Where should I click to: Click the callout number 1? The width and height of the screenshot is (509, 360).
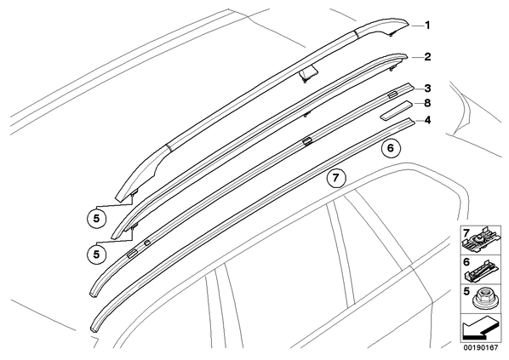tap(427, 25)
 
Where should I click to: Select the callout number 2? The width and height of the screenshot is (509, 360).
tap(427, 57)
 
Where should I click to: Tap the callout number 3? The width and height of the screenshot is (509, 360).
tap(427, 89)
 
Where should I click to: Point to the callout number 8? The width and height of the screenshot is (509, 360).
tap(427, 103)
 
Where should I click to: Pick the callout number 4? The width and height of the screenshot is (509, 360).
tap(427, 121)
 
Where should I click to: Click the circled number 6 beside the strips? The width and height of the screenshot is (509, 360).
tap(391, 148)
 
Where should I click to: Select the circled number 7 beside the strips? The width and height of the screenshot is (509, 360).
tap(336, 178)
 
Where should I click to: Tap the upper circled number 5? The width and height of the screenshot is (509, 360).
tap(96, 219)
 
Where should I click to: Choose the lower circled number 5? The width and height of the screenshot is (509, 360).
tap(96, 254)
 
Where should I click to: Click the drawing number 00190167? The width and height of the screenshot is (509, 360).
tap(480, 348)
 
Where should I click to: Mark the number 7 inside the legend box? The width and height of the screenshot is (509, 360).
tap(466, 232)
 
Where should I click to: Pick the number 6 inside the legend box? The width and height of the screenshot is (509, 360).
tap(466, 262)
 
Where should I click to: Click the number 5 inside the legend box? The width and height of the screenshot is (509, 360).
tap(466, 291)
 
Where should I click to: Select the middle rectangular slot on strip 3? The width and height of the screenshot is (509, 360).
tap(306, 141)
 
